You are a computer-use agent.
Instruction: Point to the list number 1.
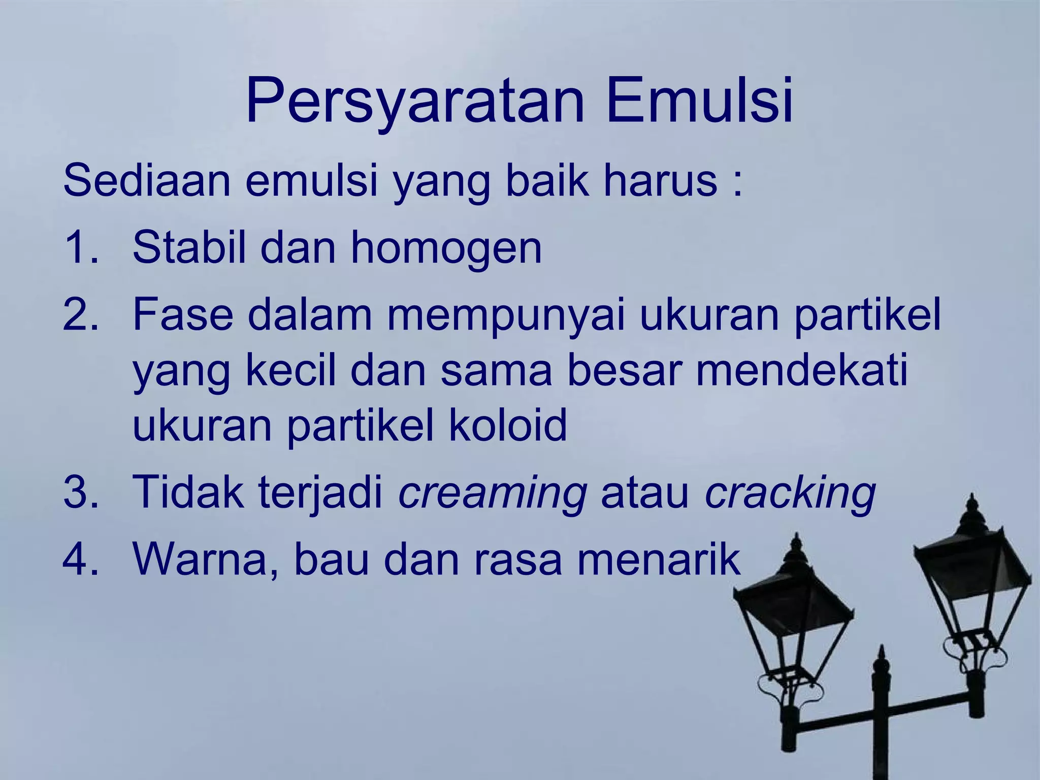[79, 248]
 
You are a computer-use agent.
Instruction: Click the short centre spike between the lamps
[882, 665]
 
